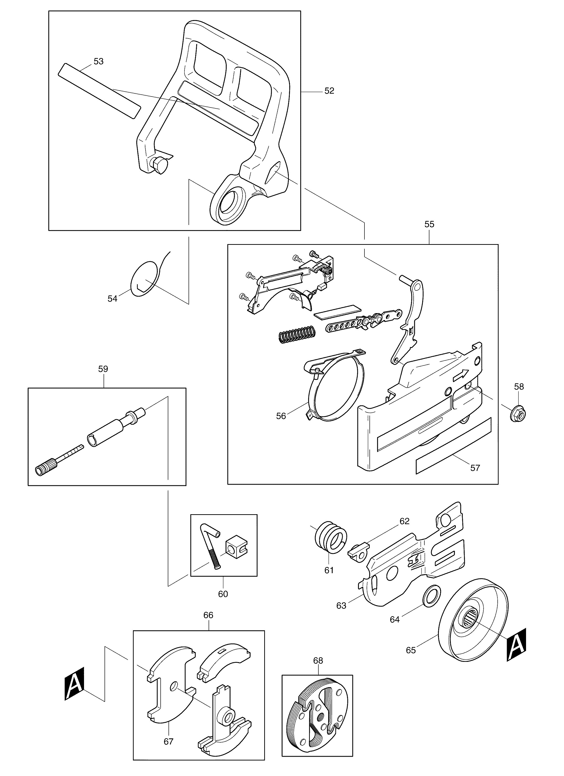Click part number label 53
tap(98, 62)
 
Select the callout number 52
tap(329, 91)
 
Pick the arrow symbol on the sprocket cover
tap(460, 375)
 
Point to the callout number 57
tap(475, 468)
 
